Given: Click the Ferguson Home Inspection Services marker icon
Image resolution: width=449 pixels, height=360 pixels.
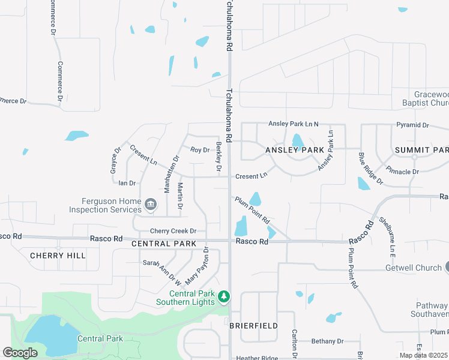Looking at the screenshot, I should [x=150, y=206].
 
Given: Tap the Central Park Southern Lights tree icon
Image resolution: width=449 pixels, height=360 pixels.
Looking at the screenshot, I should [x=224, y=297].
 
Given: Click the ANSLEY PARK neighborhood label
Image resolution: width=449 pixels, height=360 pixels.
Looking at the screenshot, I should [x=291, y=149].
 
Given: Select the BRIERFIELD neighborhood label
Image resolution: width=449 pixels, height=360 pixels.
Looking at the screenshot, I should [x=253, y=325].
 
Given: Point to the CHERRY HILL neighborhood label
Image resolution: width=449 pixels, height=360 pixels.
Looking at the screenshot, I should [x=58, y=256].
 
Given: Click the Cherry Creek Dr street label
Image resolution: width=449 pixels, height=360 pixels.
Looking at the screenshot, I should [x=173, y=231].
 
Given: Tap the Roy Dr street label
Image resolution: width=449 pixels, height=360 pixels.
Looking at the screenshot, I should [x=199, y=150].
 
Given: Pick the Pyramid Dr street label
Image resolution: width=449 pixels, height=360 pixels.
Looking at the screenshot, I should [x=412, y=125].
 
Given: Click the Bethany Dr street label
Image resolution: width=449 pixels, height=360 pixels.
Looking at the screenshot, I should [x=327, y=341].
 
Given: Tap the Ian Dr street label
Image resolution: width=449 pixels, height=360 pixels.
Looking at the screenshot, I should [x=127, y=183].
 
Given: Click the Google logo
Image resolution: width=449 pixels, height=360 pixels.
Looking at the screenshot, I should [x=20, y=353].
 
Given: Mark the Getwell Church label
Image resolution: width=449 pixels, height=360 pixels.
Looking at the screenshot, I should [x=414, y=268].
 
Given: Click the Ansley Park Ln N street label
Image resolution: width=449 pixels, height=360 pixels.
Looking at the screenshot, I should [x=294, y=124].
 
